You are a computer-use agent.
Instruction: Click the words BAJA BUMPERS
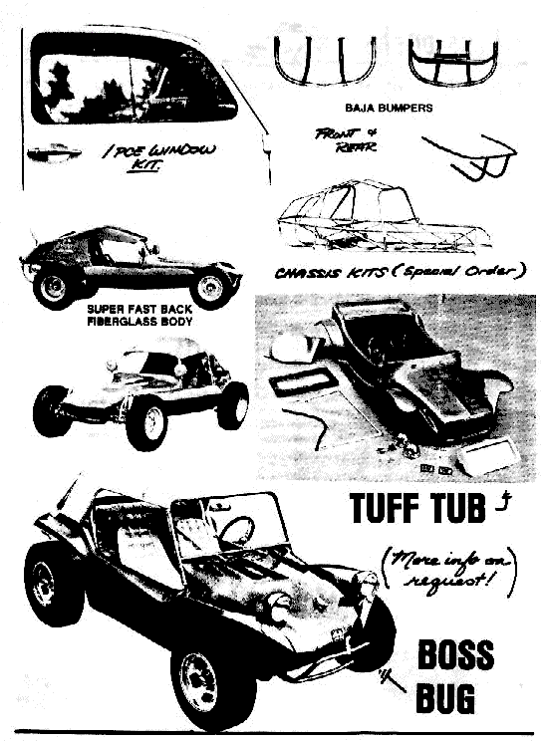[x=389, y=108]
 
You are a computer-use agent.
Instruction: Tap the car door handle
[x=54, y=152]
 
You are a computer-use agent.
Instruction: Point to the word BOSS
[x=455, y=655]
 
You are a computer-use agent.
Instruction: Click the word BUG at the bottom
[x=444, y=697]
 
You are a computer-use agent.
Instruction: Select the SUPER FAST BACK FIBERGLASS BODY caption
[x=139, y=315]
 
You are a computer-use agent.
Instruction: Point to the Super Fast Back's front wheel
[x=211, y=287]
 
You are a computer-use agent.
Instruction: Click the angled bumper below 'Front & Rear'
[x=469, y=156]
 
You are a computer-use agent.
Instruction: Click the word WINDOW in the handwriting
[x=182, y=151]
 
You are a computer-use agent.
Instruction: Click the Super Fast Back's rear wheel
[x=53, y=287]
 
